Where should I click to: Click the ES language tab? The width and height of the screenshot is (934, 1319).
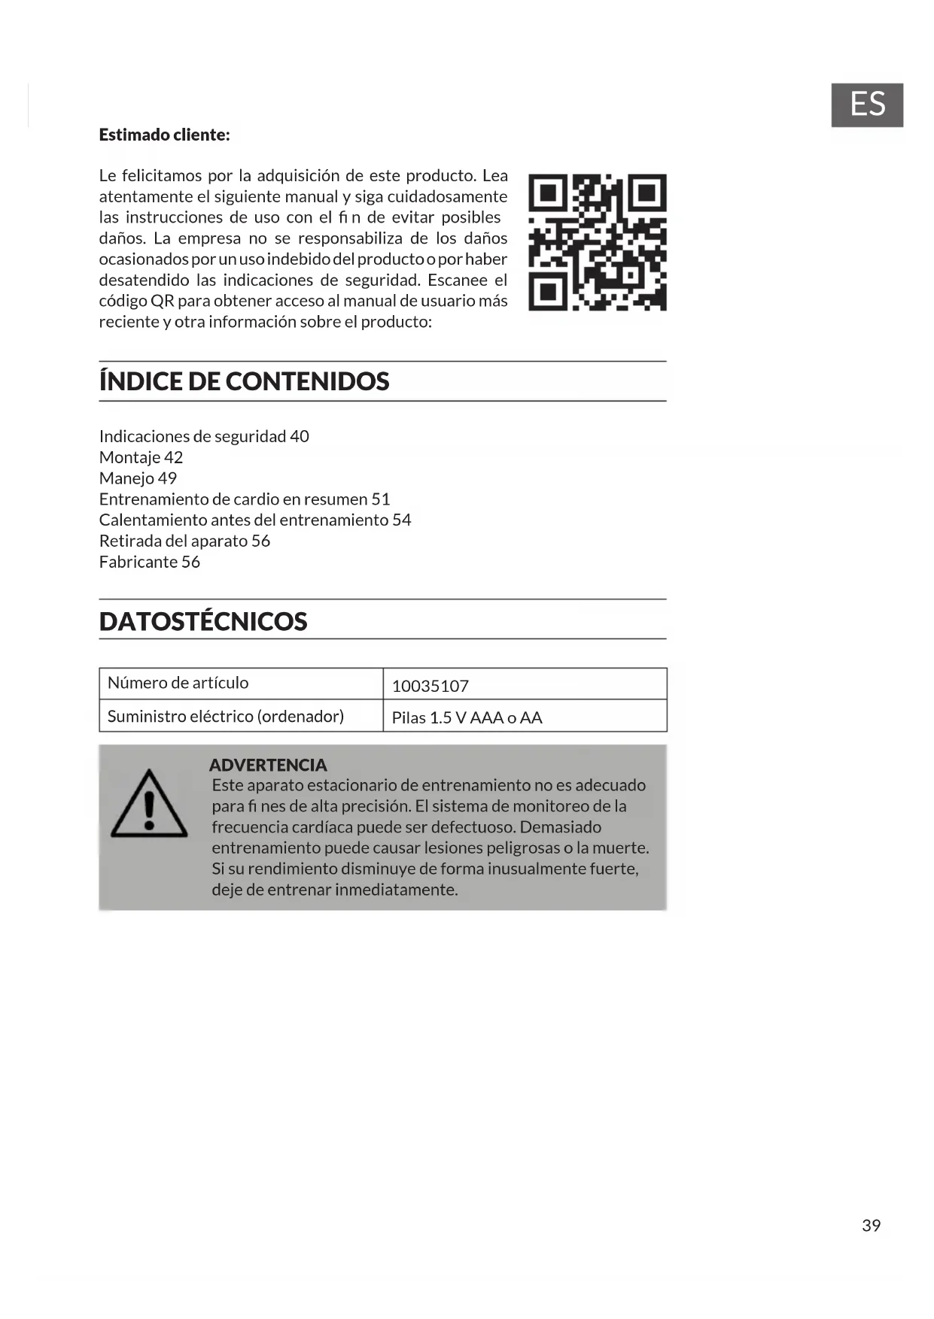(866, 105)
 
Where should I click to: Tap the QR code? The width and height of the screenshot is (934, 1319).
(597, 242)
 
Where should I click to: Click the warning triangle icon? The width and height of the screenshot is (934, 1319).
(149, 805)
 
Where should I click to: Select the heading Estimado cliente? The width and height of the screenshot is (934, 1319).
(164, 135)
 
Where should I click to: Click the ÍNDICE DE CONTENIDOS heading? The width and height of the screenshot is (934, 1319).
(244, 381)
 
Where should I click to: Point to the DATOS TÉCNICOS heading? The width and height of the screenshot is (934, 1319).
(203, 621)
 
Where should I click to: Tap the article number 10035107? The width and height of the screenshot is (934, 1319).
(430, 686)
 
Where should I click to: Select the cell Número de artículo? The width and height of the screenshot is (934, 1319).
(178, 683)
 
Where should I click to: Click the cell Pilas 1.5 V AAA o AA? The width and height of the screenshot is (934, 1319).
(467, 717)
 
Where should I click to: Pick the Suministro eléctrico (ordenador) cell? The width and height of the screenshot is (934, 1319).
(225, 716)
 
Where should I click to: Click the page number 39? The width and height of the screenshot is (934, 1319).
(871, 1226)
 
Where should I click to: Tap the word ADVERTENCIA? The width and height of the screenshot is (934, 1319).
(268, 765)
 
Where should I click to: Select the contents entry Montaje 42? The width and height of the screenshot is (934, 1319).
(141, 457)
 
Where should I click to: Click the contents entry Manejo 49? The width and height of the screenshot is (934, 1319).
(138, 478)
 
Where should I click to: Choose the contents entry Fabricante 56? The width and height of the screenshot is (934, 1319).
(149, 562)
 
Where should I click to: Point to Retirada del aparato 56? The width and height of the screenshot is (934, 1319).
(184, 541)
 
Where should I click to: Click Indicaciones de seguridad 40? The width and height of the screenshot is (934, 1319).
(204, 436)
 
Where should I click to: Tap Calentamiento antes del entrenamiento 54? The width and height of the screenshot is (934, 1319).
(255, 520)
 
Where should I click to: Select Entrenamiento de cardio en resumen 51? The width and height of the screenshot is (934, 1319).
(245, 499)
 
